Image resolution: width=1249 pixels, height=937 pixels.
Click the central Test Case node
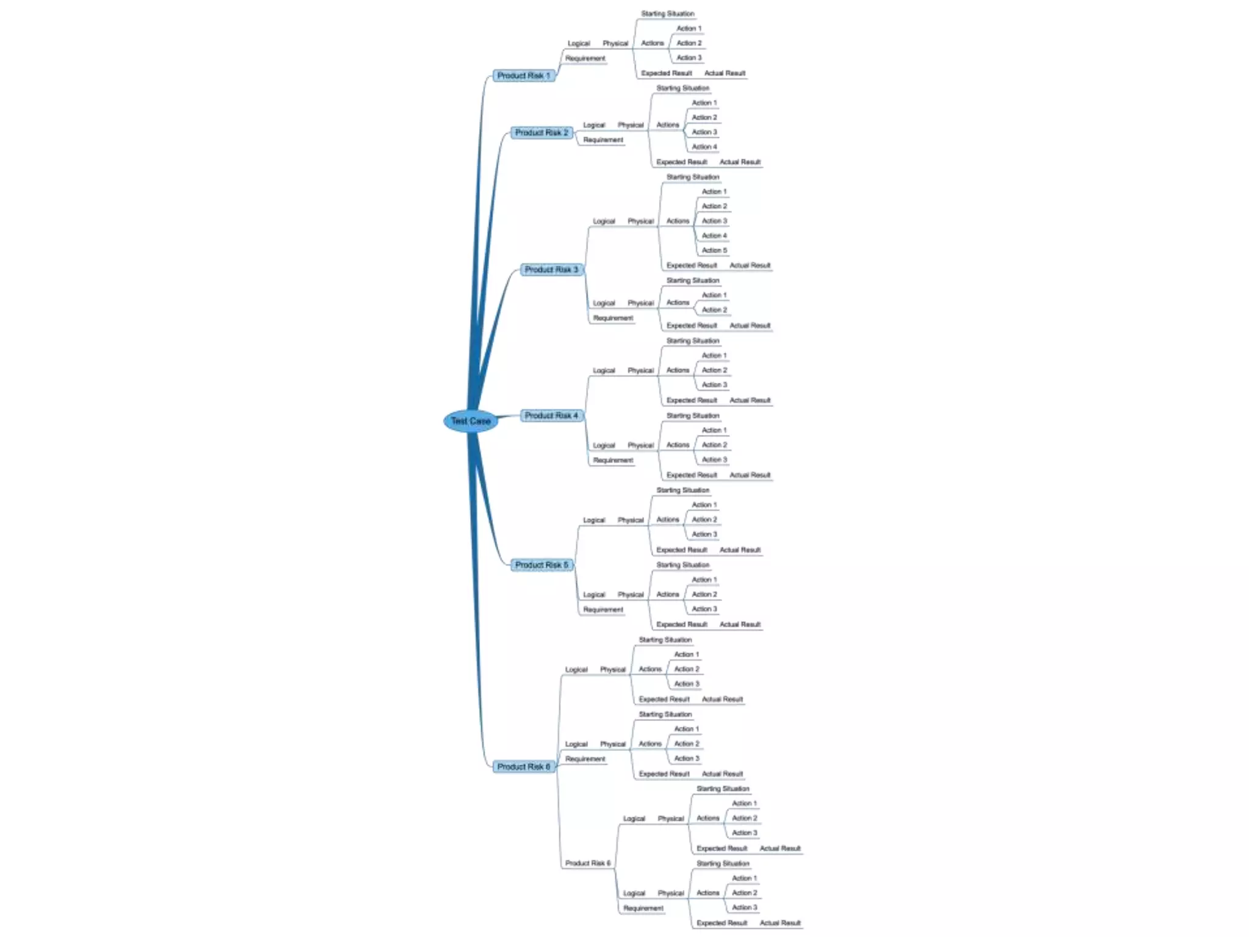[470, 421]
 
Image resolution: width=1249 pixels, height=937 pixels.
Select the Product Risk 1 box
[523, 76]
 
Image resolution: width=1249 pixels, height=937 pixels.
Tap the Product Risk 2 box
[541, 132]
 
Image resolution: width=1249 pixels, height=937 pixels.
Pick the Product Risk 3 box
[551, 270]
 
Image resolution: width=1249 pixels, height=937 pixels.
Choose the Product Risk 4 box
[551, 415]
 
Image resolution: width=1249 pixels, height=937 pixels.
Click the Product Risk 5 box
[541, 565]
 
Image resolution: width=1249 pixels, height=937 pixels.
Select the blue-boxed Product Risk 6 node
[523, 767]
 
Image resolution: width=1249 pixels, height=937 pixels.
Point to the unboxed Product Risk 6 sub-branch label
[587, 863]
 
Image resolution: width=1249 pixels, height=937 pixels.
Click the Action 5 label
[714, 250]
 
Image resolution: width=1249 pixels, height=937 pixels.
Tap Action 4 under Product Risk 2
[704, 147]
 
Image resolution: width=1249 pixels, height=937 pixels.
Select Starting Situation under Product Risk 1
[667, 13]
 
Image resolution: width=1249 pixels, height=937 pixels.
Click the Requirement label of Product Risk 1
[585, 59]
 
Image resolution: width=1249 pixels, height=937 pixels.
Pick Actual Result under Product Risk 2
[740, 162]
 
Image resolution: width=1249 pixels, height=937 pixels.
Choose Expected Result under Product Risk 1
[666, 73]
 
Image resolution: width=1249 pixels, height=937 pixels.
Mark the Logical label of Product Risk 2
[594, 125]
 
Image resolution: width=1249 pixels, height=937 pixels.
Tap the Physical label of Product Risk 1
[615, 43]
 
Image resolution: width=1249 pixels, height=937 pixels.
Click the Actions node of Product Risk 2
[668, 125]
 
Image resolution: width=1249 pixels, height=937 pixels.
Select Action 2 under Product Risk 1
[689, 43]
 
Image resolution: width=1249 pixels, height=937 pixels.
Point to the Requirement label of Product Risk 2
[603, 140]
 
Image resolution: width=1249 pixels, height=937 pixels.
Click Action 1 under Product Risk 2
[704, 103]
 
